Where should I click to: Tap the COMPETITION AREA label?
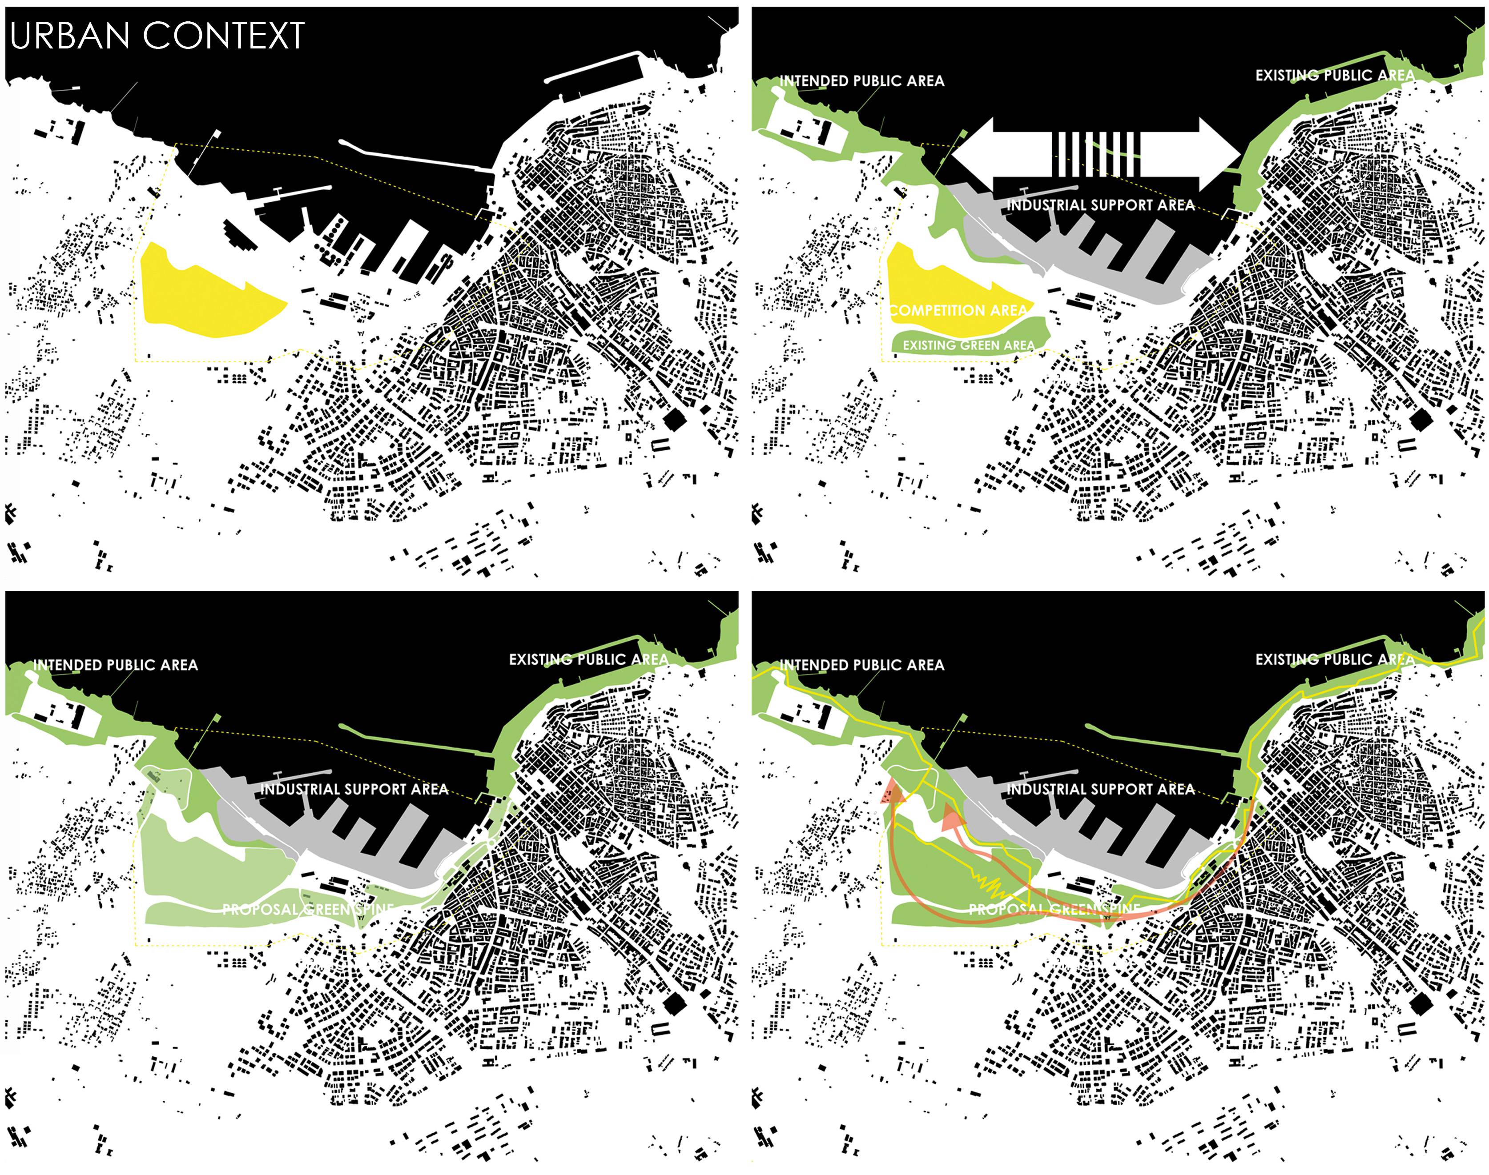[x=957, y=310]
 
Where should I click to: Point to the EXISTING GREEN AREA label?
[x=968, y=345]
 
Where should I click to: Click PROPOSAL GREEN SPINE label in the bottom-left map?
[x=308, y=910]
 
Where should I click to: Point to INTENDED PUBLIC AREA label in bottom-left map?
[x=116, y=665]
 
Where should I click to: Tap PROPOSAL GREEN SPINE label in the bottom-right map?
[x=1054, y=910]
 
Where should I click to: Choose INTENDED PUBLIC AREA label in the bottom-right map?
[x=861, y=665]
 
